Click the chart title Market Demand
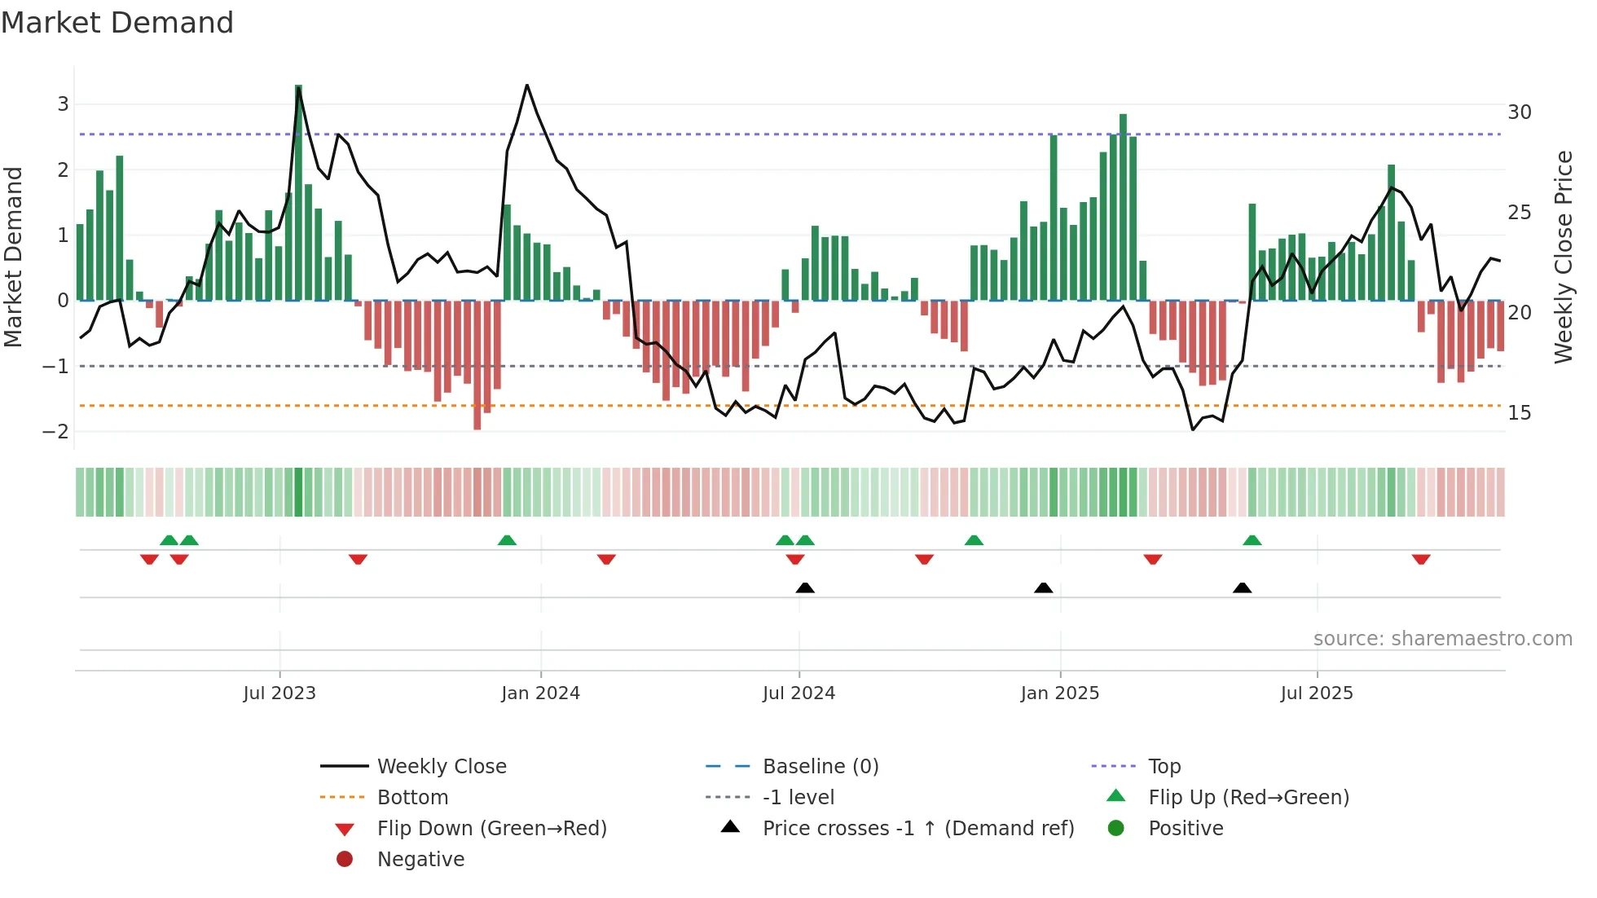pos(117,23)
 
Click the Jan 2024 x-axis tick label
pos(540,693)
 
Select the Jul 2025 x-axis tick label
pos(1316,693)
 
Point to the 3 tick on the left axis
pos(63,104)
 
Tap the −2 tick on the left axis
pos(56,432)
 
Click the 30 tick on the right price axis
pos(1519,112)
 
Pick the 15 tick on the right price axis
pos(1519,413)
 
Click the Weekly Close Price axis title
pos(1563,257)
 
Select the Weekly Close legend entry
pos(441,767)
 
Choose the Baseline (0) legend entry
pos(820,767)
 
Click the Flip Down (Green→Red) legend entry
pos(491,829)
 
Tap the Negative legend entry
pos(420,860)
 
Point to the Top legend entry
pos(1164,767)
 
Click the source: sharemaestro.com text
pos(1442,639)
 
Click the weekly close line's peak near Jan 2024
pos(527,86)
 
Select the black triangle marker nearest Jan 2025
pos(1043,588)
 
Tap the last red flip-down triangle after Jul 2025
pos(1421,559)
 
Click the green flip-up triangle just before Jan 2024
pos(507,540)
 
